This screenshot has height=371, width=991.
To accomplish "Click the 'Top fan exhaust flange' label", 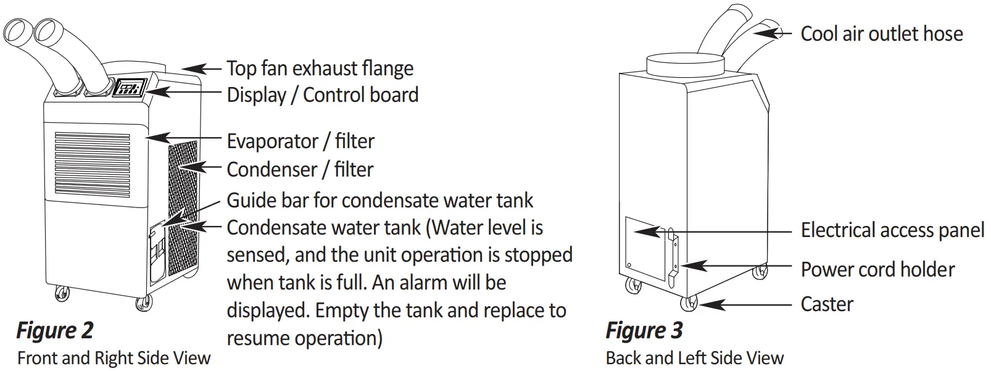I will pos(320,69).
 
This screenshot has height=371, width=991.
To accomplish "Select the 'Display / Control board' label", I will pos(322,95).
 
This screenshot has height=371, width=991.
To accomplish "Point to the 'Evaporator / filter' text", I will pos(301,141).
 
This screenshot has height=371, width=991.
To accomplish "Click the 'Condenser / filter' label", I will pos(300,169).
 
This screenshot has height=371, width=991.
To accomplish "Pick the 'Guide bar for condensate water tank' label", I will pos(379,200).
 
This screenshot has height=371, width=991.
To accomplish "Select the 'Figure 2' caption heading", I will pos(54,330).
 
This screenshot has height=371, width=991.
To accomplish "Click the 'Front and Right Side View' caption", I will pos(114,358).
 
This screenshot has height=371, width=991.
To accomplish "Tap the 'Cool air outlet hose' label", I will pos(881,34).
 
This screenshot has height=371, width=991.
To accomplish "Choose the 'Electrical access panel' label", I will pos(892,230).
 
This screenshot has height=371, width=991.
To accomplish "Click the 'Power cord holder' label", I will pos(877,270).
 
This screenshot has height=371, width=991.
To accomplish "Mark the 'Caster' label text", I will pos(826,304).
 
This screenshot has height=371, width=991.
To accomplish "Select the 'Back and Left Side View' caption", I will pos(694,358).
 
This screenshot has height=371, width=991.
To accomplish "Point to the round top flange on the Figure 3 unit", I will pos(684,64).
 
